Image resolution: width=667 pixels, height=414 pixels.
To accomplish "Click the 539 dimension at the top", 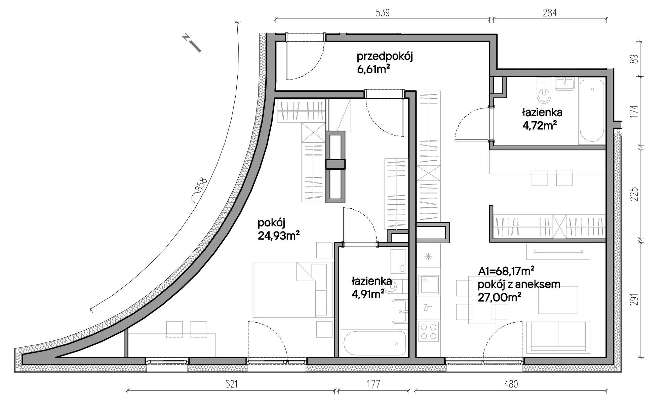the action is [383, 13].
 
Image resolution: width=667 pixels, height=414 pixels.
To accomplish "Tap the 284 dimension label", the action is [550, 13].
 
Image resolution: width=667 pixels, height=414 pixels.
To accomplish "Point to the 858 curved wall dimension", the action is [201, 185].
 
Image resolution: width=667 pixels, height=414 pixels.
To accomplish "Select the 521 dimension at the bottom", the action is [231, 384].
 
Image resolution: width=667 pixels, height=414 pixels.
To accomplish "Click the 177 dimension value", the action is [373, 384].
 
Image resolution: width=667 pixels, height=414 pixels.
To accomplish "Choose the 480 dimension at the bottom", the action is [511, 384].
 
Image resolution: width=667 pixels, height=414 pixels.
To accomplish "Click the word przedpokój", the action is [385, 56].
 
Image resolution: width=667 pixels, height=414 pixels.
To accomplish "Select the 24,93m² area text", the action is [279, 235].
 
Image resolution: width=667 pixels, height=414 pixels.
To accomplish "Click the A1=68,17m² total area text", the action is [507, 271].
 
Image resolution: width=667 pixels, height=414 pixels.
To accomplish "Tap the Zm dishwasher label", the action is [428, 307].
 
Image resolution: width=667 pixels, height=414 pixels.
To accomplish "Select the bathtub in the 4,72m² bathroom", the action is [591, 112].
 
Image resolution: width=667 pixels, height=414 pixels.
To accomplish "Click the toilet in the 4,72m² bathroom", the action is [543, 91].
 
